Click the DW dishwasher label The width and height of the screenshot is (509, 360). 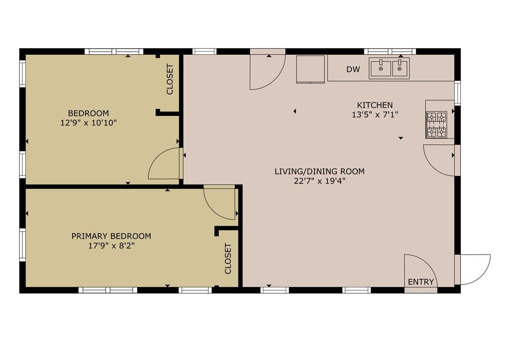(353, 69)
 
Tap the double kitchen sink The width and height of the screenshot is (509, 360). (389, 68)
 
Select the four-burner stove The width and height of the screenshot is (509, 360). (436, 125)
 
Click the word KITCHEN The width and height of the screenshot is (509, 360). (375, 105)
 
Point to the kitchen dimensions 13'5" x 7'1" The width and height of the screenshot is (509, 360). (375, 114)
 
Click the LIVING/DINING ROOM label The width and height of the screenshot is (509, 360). (320, 172)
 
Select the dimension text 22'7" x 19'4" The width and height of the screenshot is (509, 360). (320, 181)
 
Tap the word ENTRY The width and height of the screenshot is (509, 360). (421, 282)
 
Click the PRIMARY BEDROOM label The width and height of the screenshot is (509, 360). (111, 236)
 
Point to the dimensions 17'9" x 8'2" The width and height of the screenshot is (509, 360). (111, 246)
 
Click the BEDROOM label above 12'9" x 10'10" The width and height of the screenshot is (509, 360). (88, 113)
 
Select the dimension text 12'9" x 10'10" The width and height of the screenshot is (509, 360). (88, 123)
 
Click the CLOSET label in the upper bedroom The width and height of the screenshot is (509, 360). (170, 80)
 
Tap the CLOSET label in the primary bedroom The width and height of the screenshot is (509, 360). (228, 259)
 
